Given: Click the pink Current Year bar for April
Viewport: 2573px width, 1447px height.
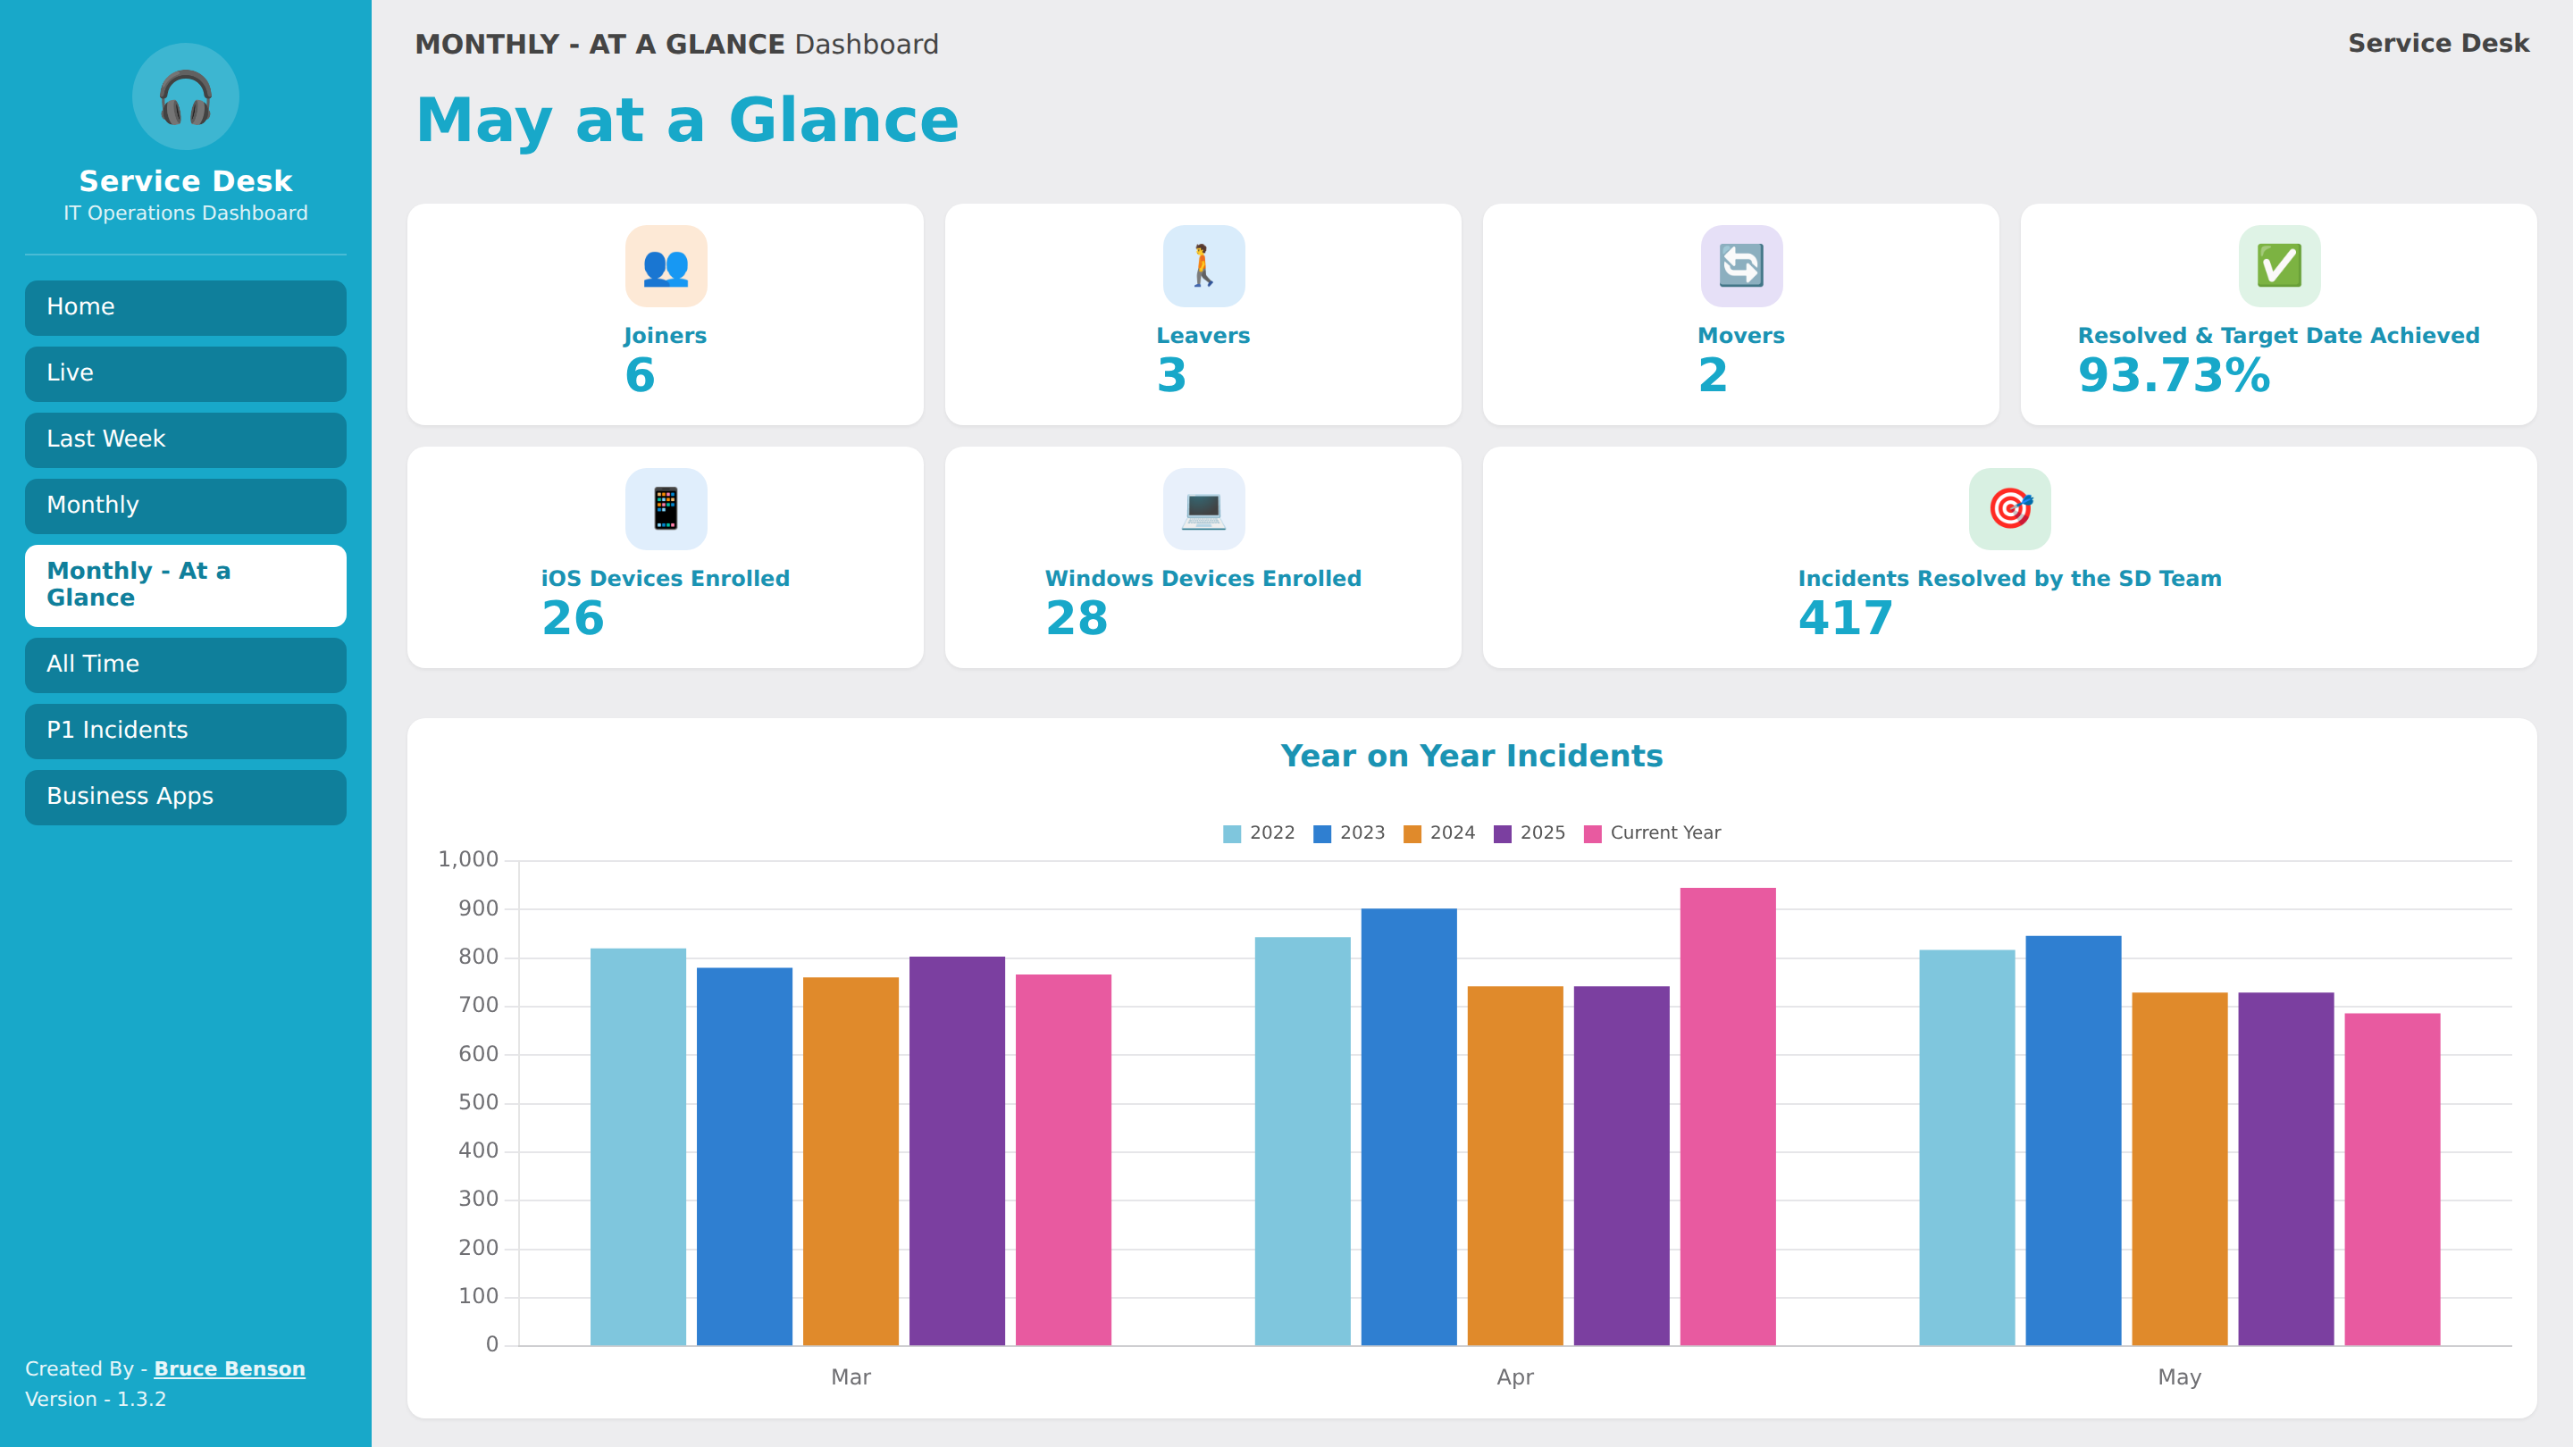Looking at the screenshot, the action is point(1727,1116).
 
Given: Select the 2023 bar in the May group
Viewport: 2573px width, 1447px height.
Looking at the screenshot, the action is point(2073,1140).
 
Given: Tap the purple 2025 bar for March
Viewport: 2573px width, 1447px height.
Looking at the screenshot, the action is point(957,1150).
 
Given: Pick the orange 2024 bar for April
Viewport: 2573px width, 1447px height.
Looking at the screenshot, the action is point(1515,1166).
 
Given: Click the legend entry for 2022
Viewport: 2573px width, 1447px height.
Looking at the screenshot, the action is point(1259,832).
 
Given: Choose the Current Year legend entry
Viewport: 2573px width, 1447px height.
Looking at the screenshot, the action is point(1652,832).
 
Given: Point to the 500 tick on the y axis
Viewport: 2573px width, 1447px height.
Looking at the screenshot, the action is point(479,1102).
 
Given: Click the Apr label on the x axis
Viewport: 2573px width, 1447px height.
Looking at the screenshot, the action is point(1515,1377).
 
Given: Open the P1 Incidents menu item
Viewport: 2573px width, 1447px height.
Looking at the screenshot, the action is point(186,731).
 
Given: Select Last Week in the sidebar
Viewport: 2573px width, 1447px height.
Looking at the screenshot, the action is point(186,439).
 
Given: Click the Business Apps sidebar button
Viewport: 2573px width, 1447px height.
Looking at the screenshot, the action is point(186,797).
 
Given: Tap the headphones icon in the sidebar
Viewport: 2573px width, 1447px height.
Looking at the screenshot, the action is point(186,96).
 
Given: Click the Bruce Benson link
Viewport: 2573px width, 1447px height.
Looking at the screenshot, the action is point(230,1369).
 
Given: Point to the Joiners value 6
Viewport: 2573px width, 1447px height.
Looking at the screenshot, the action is point(641,375).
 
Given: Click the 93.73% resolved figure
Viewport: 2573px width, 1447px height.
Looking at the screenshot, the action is point(2175,375).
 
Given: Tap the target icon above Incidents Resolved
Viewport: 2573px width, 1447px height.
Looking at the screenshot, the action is point(2009,508).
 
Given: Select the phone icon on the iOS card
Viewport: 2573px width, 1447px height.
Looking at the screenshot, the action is point(666,508).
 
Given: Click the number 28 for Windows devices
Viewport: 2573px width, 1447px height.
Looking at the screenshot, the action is point(1077,618).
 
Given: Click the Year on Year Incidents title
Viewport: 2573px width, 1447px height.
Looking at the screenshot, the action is point(1471,756).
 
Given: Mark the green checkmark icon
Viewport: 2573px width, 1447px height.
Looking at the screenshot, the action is point(2279,265).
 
